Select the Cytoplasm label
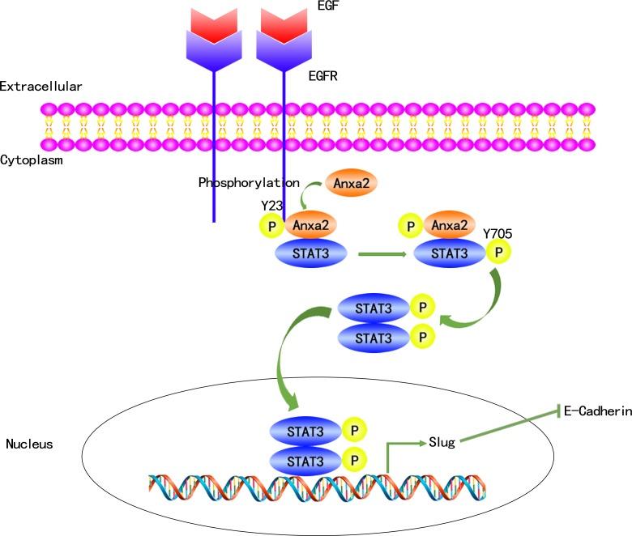[32, 160]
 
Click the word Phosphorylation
[249, 183]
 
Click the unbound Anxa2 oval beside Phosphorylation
[351, 185]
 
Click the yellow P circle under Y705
[498, 252]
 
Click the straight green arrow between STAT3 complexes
[380, 254]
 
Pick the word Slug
[442, 442]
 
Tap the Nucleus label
[29, 444]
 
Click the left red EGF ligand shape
[213, 24]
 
